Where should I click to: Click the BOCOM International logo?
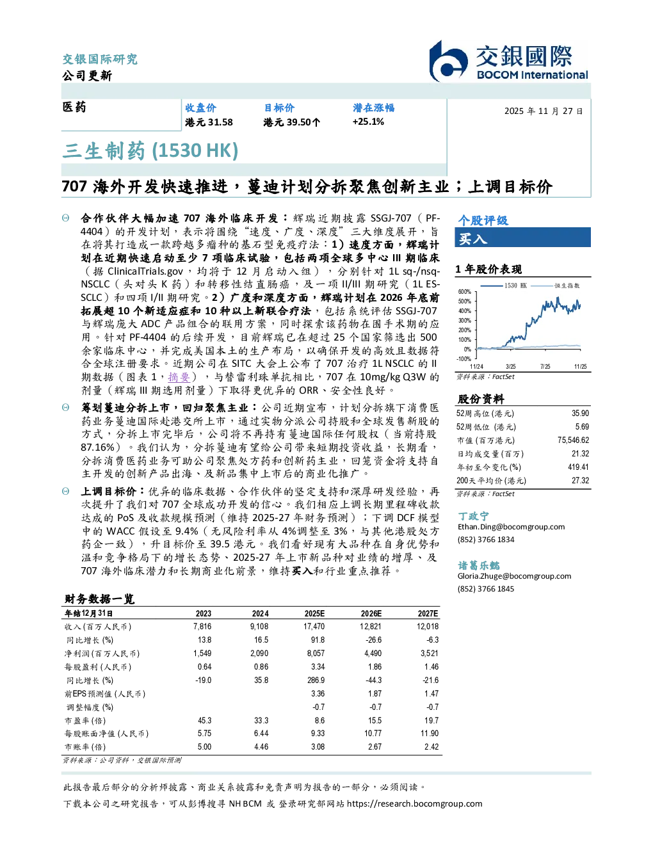508,61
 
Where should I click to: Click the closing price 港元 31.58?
209,122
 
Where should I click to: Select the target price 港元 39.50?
291,122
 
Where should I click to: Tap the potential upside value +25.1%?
368,122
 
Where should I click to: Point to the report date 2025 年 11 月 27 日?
544,111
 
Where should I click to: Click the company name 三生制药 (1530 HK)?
150,150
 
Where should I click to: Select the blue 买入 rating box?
522,237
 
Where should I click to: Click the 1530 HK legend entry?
504,286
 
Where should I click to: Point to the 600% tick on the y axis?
465,292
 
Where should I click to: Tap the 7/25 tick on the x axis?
545,366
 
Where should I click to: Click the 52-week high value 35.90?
580,413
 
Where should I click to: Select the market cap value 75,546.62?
573,440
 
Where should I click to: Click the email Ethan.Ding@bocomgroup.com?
511,527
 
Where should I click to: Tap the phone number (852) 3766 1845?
486,589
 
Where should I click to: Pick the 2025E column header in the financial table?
314,614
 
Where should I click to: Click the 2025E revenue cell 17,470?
314,627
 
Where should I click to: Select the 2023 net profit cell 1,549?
202,654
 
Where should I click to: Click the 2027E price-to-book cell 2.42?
431,746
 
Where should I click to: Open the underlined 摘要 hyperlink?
179,377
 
